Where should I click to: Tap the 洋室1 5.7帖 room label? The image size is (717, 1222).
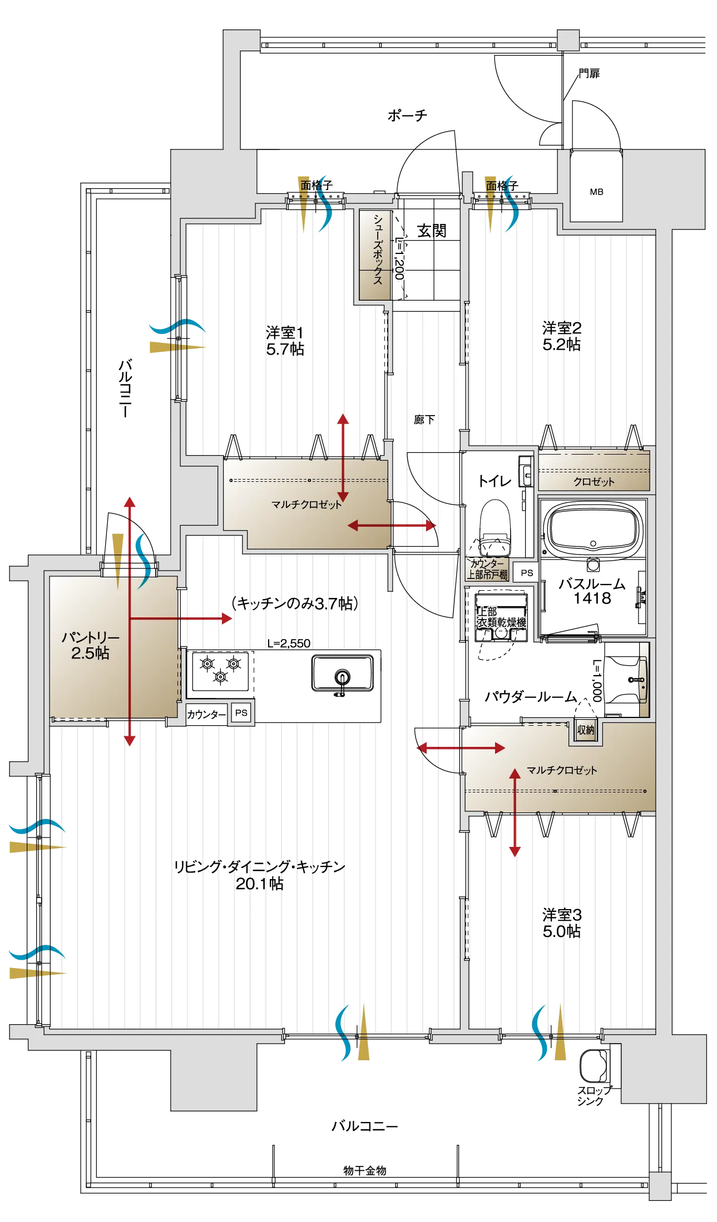(x=285, y=341)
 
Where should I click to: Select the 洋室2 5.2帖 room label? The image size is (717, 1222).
(x=561, y=336)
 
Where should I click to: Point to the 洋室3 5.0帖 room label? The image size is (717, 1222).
(x=561, y=923)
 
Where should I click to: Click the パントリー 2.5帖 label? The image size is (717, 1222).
(x=90, y=645)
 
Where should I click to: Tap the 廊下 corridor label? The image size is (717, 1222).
(x=424, y=420)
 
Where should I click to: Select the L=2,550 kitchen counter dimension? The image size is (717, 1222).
(x=289, y=644)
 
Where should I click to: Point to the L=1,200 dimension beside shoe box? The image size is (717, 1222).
(x=399, y=258)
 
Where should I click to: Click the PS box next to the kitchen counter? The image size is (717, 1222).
(x=241, y=713)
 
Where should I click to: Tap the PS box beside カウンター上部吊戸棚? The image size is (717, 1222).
(x=526, y=573)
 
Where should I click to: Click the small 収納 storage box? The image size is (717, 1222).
(x=585, y=730)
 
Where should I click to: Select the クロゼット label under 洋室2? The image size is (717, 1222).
(x=594, y=482)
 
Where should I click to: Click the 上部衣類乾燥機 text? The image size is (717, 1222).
(x=501, y=617)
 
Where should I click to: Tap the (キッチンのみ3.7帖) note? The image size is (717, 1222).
(x=295, y=603)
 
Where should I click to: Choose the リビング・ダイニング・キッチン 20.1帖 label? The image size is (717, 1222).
(x=259, y=875)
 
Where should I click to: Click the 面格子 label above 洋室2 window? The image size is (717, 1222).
(x=501, y=186)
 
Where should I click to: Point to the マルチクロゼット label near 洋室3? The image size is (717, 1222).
(x=561, y=770)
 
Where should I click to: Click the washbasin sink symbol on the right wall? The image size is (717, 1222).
(x=642, y=679)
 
